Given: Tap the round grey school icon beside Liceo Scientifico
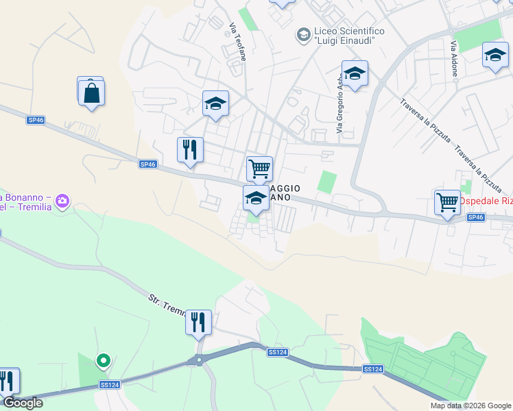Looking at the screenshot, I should pyautogui.click(x=302, y=34).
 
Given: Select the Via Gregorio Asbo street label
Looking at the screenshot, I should pyautogui.click(x=339, y=103).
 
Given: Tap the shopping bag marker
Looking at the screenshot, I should pyautogui.click(x=91, y=92).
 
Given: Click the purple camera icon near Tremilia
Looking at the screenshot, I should pyautogui.click(x=63, y=201).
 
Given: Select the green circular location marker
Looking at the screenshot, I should pyautogui.click(x=104, y=360).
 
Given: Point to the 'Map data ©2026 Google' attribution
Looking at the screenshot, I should pyautogui.click(x=470, y=406).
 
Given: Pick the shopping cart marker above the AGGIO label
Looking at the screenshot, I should pyautogui.click(x=259, y=168).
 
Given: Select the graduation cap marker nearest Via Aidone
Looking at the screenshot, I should pyautogui.click(x=495, y=55).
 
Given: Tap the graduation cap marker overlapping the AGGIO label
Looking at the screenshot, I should pyautogui.click(x=256, y=199).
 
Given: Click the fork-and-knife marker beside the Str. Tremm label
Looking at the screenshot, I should pyautogui.click(x=198, y=321).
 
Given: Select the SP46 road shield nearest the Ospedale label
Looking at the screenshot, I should pyautogui.click(x=476, y=217).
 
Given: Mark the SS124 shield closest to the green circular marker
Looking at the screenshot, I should pyautogui.click(x=110, y=385).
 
